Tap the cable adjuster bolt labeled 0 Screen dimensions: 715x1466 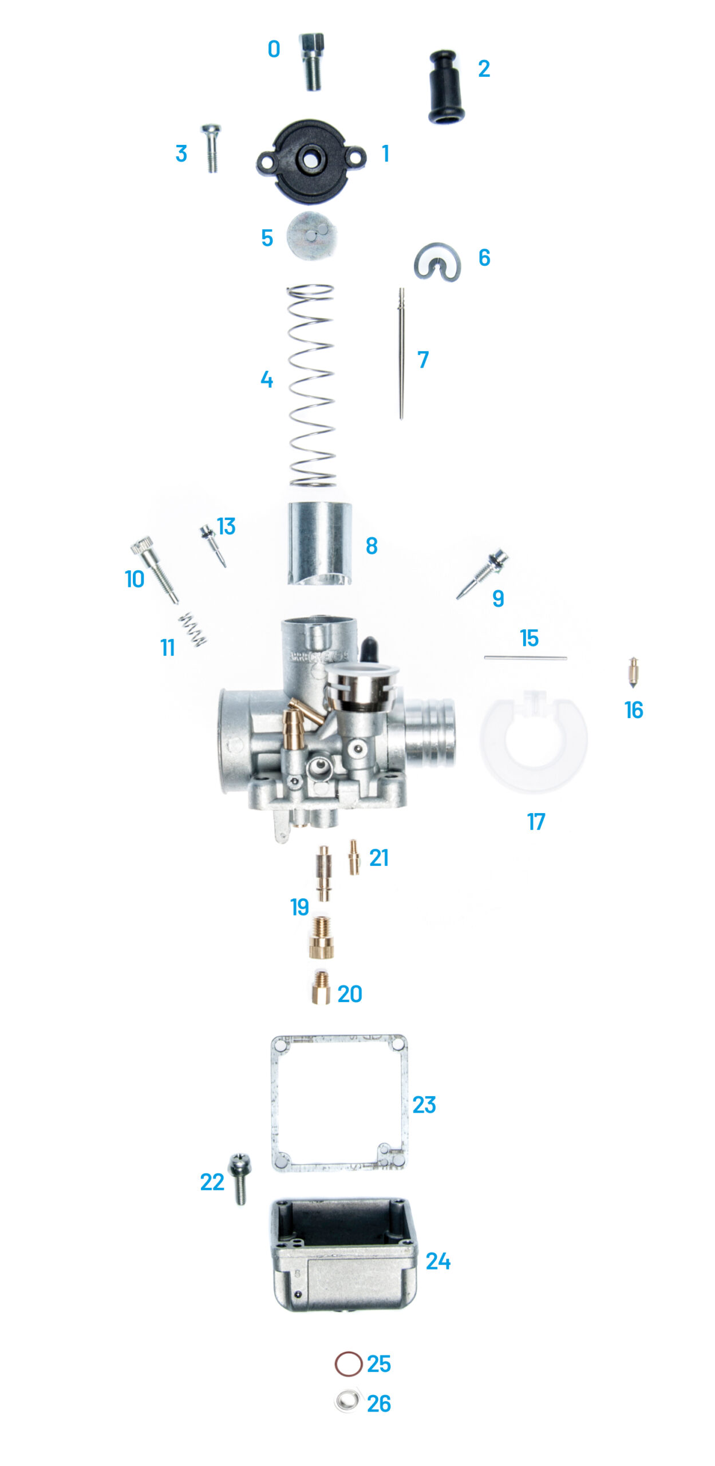[312, 61]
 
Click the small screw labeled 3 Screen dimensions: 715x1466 [211, 148]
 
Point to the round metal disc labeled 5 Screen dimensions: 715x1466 [311, 235]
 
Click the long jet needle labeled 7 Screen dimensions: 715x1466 [401, 353]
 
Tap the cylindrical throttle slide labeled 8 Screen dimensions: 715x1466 [319, 543]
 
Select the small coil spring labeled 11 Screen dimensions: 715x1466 [192, 629]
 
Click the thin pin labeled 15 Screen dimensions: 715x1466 [525, 658]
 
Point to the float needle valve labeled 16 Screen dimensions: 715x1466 [633, 672]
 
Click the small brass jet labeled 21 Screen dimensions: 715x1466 [354, 857]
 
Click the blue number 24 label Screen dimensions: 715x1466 [438, 1261]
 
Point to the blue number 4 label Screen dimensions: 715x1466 [267, 379]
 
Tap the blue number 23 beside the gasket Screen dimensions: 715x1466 [424, 1105]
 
